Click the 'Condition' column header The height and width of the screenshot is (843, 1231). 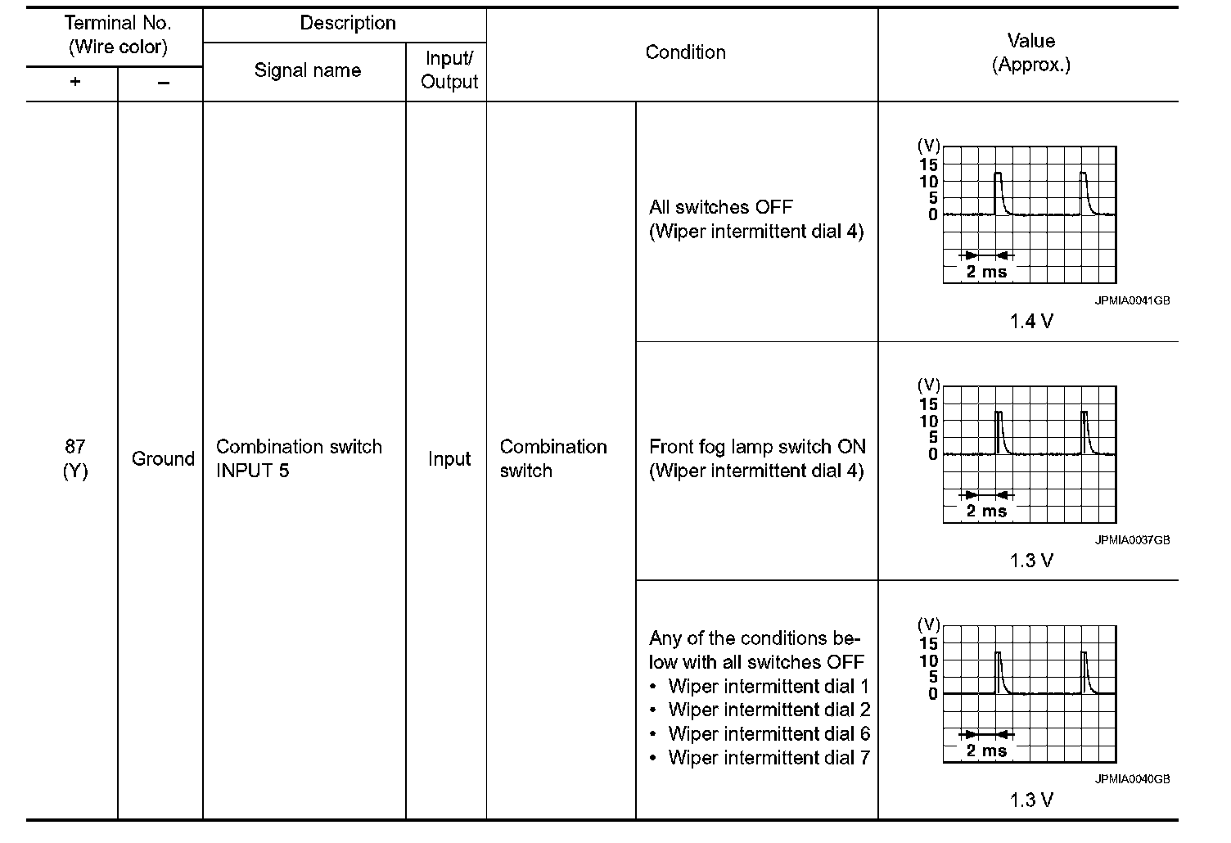click(x=685, y=52)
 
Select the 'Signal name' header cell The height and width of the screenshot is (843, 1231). click(x=307, y=70)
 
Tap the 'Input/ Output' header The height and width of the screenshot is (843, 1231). click(x=449, y=70)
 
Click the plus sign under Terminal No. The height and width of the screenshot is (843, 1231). click(x=74, y=83)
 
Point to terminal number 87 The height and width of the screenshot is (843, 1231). click(x=74, y=446)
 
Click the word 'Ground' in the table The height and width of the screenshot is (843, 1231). click(x=162, y=458)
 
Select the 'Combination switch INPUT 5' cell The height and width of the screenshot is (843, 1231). click(x=299, y=458)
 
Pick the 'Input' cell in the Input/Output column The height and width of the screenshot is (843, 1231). click(x=449, y=459)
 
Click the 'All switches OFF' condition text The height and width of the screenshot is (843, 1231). click(x=720, y=207)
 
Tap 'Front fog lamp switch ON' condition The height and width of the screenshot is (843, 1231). click(x=756, y=447)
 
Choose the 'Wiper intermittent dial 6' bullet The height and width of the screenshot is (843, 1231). click(x=769, y=733)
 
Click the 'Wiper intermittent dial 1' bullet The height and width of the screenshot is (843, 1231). click(x=769, y=686)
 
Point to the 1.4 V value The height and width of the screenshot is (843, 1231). click(x=1030, y=322)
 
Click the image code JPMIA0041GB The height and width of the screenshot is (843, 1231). click(x=1132, y=300)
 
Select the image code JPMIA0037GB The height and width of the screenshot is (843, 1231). click(x=1132, y=540)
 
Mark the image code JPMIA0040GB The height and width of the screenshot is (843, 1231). click(x=1132, y=779)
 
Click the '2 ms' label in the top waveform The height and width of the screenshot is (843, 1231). click(x=986, y=272)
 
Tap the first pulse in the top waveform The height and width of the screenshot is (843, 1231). click(x=999, y=193)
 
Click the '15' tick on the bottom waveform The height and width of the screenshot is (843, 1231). click(x=928, y=643)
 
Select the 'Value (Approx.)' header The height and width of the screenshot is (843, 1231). click(x=1030, y=52)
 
